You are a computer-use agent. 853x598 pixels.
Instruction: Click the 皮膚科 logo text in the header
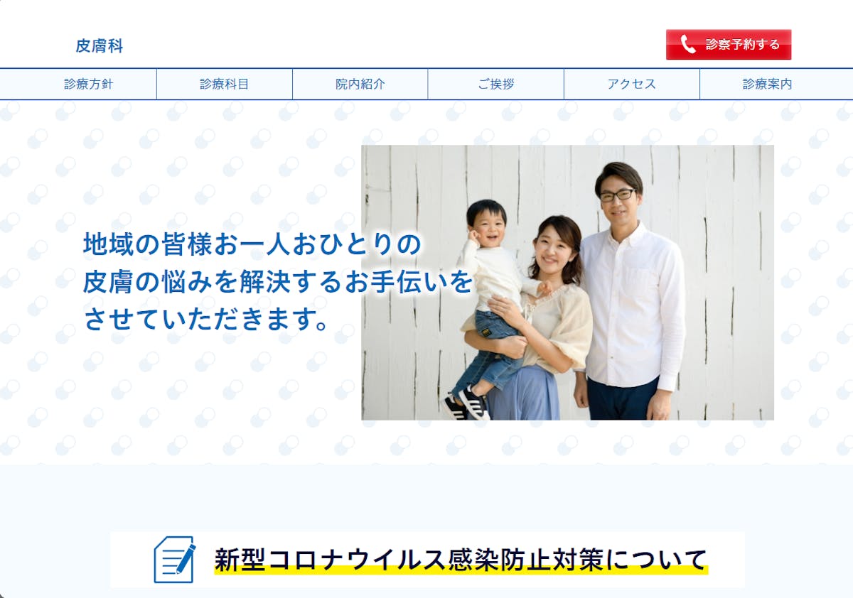(x=100, y=46)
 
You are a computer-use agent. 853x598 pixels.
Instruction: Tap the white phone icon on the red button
(x=688, y=44)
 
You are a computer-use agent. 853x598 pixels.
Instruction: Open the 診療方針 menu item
(x=88, y=84)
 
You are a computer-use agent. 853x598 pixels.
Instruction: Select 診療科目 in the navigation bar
(x=225, y=84)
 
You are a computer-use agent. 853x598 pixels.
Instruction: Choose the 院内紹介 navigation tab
(x=360, y=84)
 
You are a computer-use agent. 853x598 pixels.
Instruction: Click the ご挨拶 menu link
(x=496, y=84)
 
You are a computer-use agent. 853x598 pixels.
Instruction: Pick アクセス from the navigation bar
(x=632, y=84)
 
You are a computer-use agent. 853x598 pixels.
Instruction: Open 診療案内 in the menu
(x=767, y=84)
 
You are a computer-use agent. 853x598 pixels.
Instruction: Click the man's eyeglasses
(x=617, y=195)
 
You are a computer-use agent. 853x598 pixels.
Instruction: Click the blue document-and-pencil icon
(x=175, y=559)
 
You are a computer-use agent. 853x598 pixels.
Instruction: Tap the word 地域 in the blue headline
(x=109, y=244)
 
